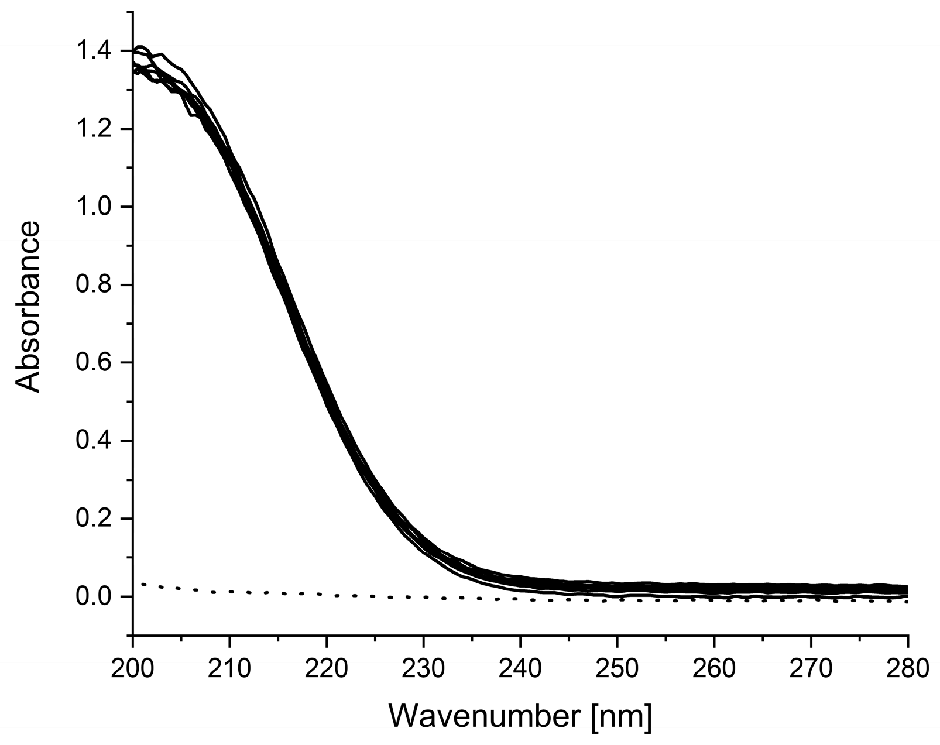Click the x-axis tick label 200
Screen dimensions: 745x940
(133, 668)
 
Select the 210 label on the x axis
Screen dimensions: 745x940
(230, 668)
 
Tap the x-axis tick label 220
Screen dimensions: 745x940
(327, 668)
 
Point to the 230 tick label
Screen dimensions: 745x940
(424, 668)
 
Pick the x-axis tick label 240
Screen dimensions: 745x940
(520, 668)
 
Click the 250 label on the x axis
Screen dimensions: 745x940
(617, 668)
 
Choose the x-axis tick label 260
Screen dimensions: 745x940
(714, 668)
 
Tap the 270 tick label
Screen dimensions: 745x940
(811, 668)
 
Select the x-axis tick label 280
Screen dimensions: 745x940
(907, 668)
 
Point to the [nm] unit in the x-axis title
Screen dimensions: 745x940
(621, 717)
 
